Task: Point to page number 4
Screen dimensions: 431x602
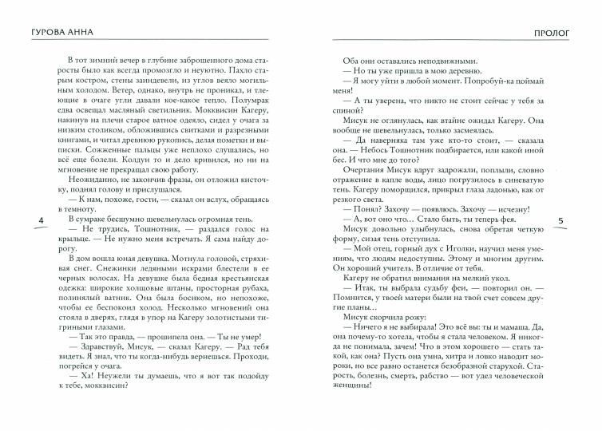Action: click(30, 219)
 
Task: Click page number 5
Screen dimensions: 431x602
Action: click(560, 219)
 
